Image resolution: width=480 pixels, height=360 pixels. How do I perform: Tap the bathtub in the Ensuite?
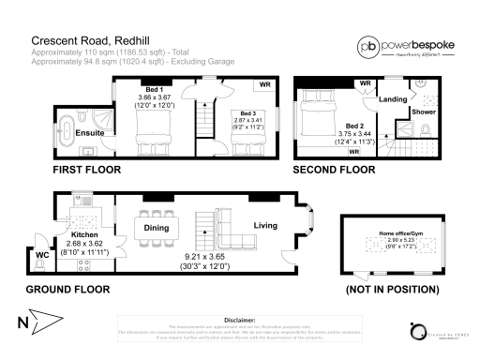coord(69,127)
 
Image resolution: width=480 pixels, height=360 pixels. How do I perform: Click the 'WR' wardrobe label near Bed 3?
coord(265,85)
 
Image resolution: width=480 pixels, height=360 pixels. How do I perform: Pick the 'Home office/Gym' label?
coord(400,232)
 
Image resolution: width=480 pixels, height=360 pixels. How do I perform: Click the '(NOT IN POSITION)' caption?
coord(393,290)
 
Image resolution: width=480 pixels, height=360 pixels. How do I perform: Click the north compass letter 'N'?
coord(21,325)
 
